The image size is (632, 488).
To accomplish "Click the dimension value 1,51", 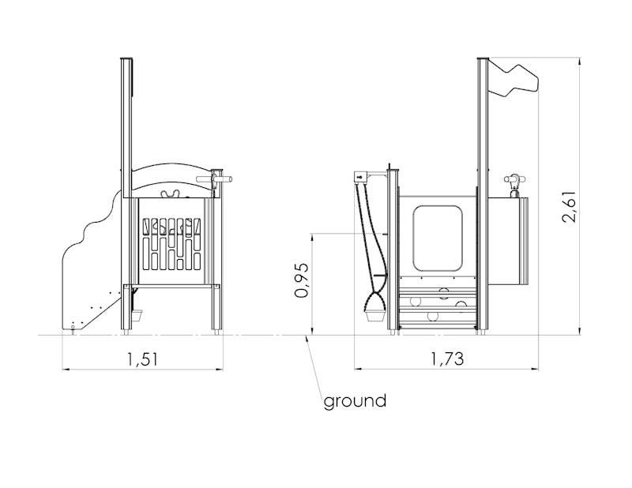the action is (142, 358).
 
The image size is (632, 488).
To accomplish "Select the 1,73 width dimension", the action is (448, 358).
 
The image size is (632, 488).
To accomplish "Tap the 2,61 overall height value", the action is (570, 206).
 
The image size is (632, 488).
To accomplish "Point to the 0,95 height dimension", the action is (302, 280).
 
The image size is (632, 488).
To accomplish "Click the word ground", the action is (355, 401).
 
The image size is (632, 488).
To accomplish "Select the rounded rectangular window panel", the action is (438, 238).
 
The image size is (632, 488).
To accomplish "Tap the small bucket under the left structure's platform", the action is (137, 315).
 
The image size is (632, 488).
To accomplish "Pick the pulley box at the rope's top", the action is (360, 177).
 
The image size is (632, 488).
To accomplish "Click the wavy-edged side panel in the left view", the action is (92, 262).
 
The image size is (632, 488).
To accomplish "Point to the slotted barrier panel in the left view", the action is (171, 244).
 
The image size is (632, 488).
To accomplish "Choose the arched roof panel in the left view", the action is (171, 181).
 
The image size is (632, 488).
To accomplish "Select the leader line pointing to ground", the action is (314, 366).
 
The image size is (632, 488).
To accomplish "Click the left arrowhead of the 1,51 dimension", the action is (65, 369).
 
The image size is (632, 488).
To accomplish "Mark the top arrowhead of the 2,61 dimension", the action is (580, 62).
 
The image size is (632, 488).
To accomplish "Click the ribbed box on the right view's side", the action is (508, 241).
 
